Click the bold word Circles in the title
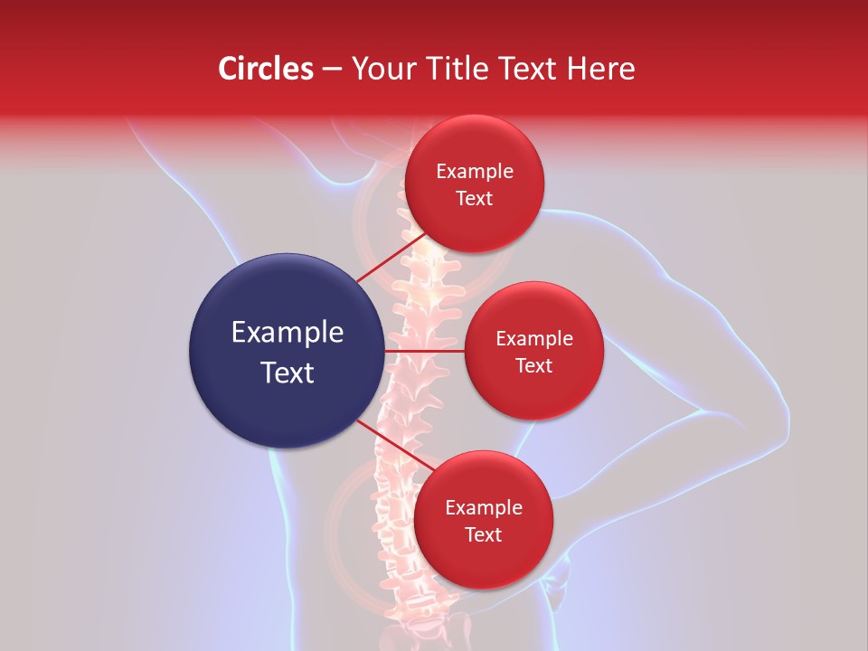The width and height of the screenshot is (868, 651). (265, 69)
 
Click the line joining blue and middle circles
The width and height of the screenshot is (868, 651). (424, 350)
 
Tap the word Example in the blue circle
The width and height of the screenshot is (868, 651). (288, 333)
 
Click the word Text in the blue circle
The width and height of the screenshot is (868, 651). (288, 372)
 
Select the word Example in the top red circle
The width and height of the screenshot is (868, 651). (475, 172)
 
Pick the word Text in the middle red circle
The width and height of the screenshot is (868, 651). (534, 365)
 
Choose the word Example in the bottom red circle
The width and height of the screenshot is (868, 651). (484, 508)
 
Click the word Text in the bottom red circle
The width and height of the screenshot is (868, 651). (484, 534)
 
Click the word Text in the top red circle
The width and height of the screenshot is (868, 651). (475, 198)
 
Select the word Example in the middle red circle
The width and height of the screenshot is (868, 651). (534, 339)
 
